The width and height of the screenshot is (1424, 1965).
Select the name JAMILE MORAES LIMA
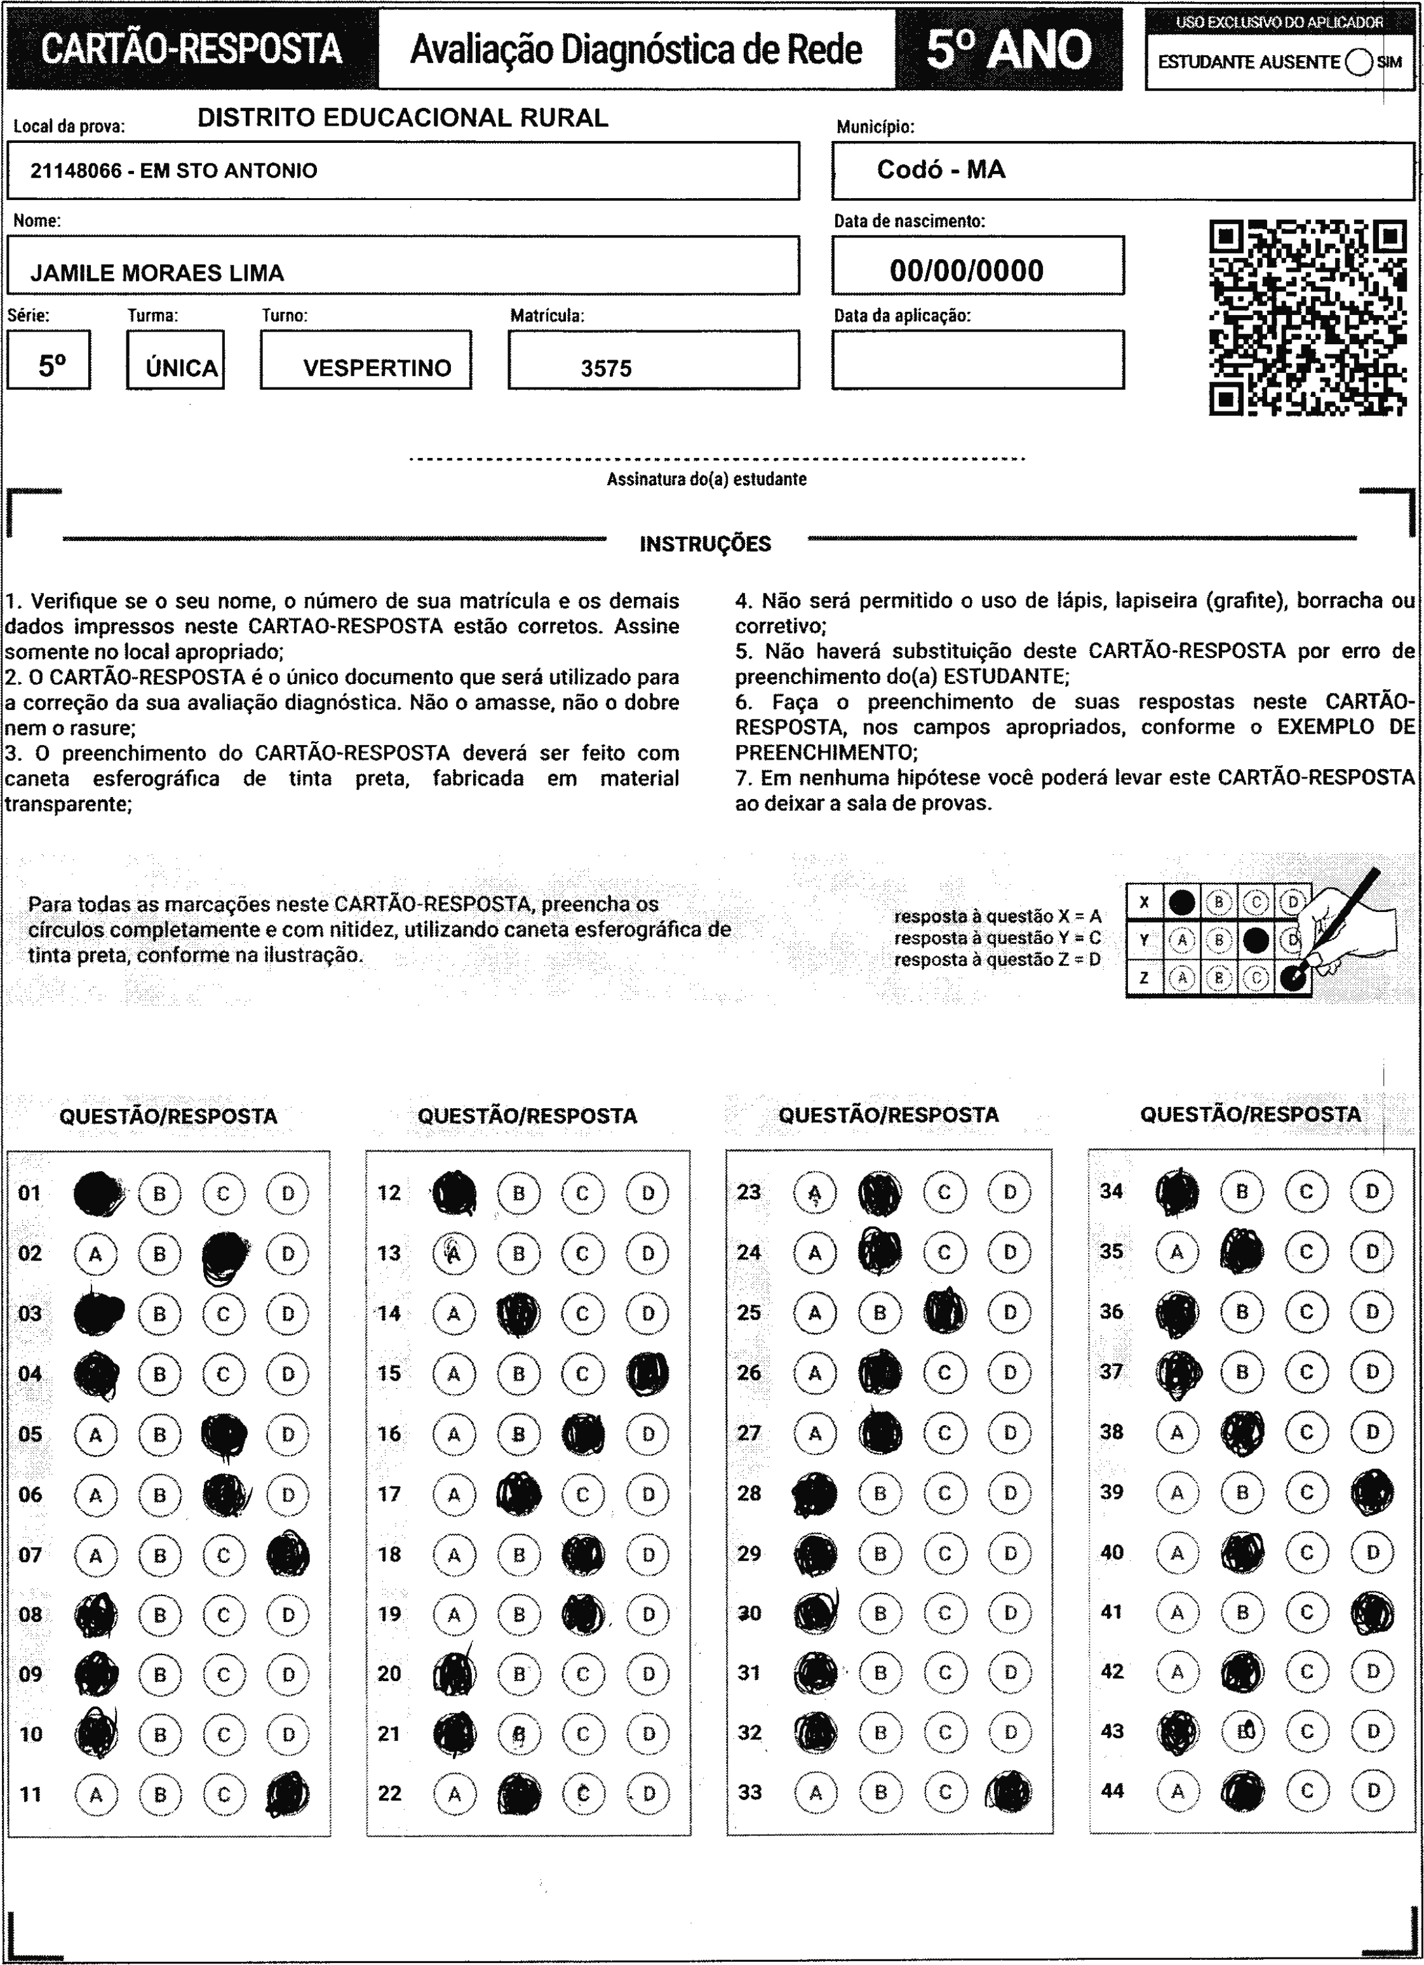click(157, 273)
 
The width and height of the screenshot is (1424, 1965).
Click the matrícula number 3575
click(606, 368)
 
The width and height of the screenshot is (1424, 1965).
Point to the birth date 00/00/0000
click(967, 271)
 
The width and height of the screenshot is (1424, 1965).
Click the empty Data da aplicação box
click(977, 359)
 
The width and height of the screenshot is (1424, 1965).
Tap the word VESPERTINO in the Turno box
click(377, 368)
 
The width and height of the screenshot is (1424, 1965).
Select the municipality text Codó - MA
click(941, 169)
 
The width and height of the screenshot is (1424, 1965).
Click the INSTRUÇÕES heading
click(704, 544)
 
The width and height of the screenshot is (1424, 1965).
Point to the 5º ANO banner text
click(1009, 50)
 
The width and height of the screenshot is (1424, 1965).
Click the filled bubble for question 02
click(224, 1254)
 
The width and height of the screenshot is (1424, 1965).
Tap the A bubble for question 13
click(453, 1254)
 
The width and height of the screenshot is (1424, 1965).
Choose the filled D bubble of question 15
click(647, 1374)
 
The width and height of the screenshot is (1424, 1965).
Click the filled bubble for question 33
click(1009, 1793)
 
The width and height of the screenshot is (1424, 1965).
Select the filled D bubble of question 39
click(1372, 1492)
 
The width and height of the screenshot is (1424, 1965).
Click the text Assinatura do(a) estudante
click(706, 479)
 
